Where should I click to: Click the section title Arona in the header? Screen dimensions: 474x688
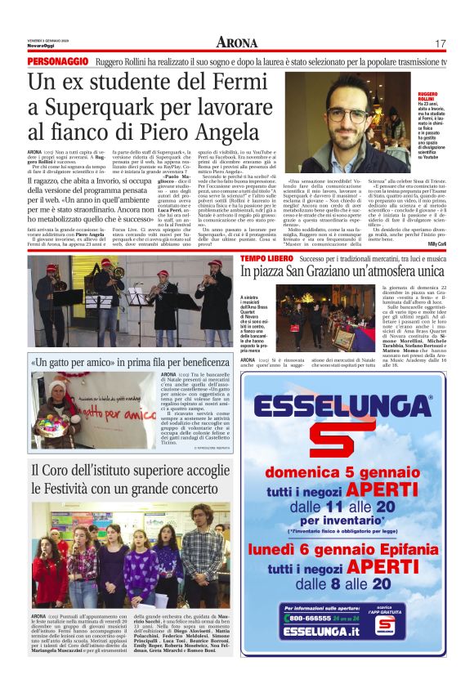(236, 42)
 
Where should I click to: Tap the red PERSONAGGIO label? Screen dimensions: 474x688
(56, 62)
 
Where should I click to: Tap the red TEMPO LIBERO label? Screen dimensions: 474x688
(267, 258)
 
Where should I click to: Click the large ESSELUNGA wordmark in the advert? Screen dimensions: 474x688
(343, 409)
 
